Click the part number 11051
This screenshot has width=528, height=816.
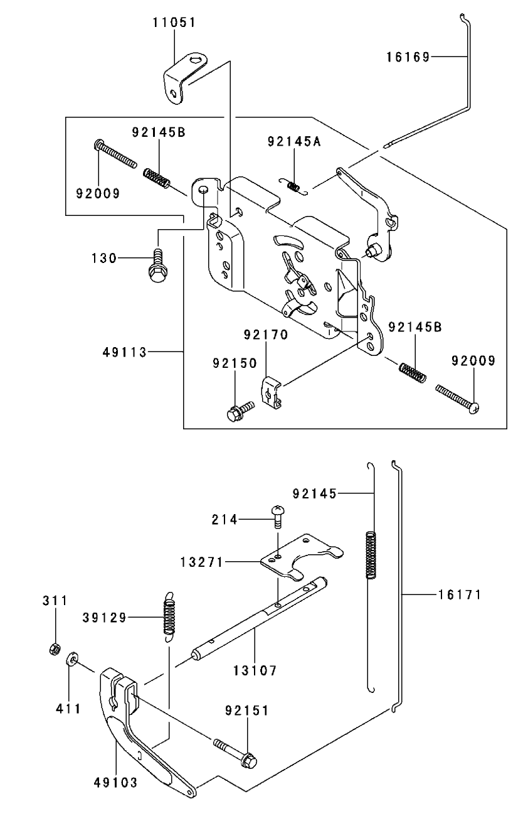tap(174, 23)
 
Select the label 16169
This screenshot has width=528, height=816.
tap(408, 57)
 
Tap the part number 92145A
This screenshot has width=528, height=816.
tap(294, 141)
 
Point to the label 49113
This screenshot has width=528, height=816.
tap(125, 352)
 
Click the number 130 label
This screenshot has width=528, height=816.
tap(104, 258)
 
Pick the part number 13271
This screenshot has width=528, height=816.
tap(201, 562)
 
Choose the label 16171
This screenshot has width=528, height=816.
tap(459, 594)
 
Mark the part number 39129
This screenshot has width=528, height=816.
tap(105, 618)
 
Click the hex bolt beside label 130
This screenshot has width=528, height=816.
tap(158, 266)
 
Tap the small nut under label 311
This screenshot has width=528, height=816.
tap(55, 649)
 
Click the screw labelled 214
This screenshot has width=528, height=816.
tap(278, 516)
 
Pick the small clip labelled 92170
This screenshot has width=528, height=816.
tap(272, 394)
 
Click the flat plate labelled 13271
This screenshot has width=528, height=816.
tap(302, 557)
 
